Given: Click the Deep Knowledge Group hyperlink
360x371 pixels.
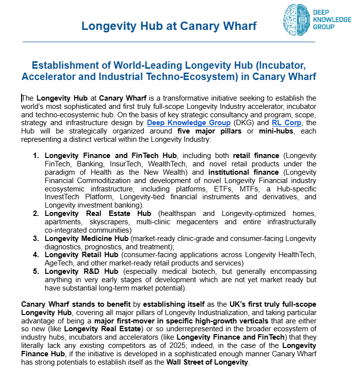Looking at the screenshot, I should [189, 123].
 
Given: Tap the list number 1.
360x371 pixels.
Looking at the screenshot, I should [36, 156].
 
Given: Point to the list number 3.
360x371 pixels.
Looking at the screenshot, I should [36, 238].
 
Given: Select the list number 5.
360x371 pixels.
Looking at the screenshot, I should [36, 271].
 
